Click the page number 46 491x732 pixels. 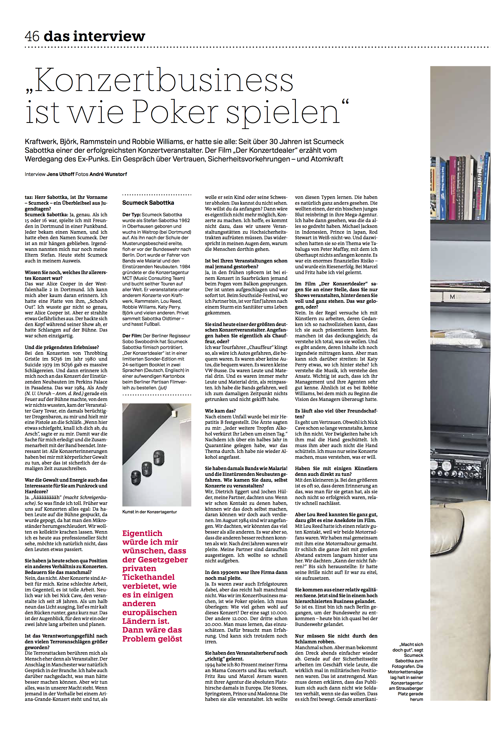32,36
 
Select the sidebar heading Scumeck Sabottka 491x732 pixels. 148,203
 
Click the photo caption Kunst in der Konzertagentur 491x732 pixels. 150,512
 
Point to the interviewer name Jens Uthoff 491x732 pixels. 60,174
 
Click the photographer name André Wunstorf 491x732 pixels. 108,174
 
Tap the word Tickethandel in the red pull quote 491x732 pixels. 148,577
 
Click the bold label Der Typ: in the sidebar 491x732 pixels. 131,215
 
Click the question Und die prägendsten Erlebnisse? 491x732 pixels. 62,347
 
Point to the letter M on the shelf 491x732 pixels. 452,296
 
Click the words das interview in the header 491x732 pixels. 95,36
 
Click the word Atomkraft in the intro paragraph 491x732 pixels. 327,159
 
